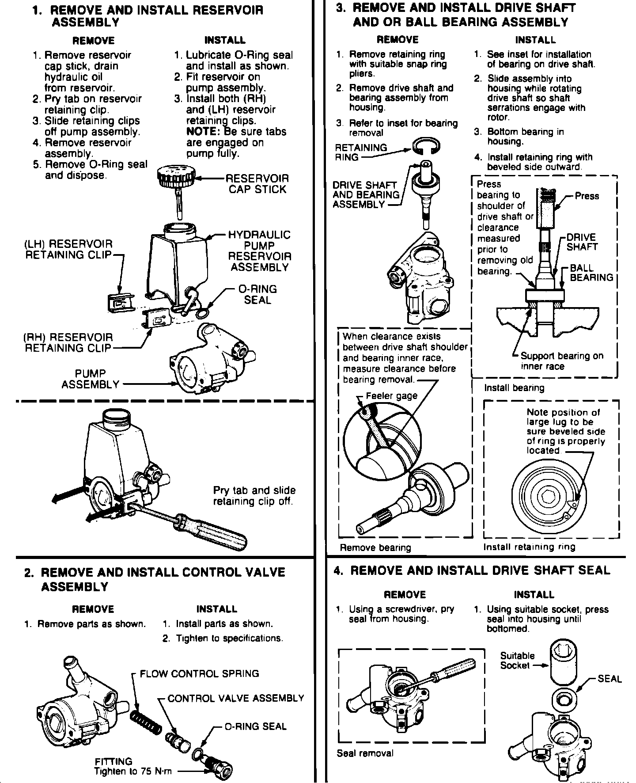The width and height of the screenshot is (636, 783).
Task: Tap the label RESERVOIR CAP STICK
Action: tap(257, 184)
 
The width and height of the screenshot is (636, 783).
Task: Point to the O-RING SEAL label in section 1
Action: tap(257, 294)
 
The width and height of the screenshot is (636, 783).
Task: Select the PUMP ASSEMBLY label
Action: tap(91, 379)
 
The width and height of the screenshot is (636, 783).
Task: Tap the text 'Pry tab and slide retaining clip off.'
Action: tap(254, 496)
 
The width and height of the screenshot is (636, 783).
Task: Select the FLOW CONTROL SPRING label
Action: tap(199, 674)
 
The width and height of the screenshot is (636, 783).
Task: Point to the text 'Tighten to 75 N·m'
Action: tap(132, 772)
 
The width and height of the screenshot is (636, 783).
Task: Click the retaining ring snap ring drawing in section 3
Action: tap(426, 146)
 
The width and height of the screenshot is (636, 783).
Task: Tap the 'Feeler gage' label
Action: tap(391, 396)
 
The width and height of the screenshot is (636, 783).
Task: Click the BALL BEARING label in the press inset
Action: tap(591, 273)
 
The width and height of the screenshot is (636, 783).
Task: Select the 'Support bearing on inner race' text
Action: tap(562, 361)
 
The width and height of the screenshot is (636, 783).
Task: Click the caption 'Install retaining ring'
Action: tap(529, 547)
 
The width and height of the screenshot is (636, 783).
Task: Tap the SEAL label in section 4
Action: tap(609, 679)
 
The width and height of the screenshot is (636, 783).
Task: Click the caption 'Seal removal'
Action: tap(365, 753)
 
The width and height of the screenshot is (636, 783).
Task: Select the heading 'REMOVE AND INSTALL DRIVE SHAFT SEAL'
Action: tap(480, 570)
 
